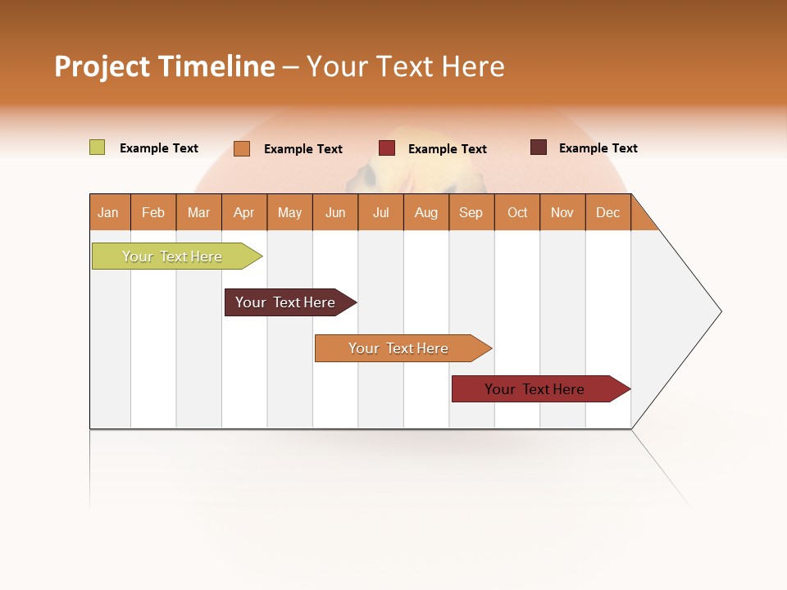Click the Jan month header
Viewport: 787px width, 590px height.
point(109,212)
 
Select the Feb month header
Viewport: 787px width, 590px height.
point(153,212)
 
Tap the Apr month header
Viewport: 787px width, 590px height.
point(244,212)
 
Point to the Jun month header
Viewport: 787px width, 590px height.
point(335,212)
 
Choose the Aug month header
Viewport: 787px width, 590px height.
point(426,212)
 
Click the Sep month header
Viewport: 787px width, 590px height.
point(471,212)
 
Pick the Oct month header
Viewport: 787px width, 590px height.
point(517,212)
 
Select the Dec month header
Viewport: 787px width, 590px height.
point(608,212)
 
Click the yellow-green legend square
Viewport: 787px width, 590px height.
point(97,147)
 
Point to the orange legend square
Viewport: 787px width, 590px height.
point(241,148)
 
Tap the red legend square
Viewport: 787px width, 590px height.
point(387,148)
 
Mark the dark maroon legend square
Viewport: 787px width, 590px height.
point(538,147)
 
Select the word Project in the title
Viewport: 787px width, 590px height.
point(102,66)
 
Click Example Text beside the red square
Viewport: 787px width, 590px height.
point(448,149)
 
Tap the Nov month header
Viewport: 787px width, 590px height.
point(562,212)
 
